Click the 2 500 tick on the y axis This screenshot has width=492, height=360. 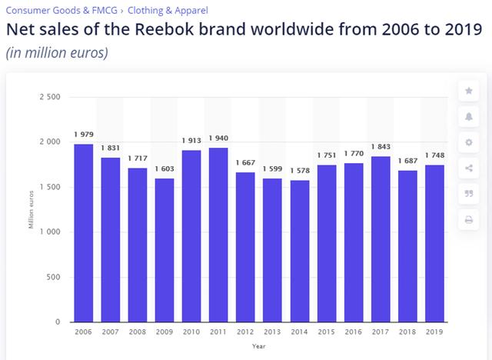click(50, 97)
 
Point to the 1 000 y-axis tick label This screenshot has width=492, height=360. click(50, 232)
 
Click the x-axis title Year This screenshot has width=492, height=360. click(260, 346)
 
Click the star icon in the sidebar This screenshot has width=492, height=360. click(469, 91)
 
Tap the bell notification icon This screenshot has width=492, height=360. click(469, 117)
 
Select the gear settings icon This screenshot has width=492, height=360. click(469, 143)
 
